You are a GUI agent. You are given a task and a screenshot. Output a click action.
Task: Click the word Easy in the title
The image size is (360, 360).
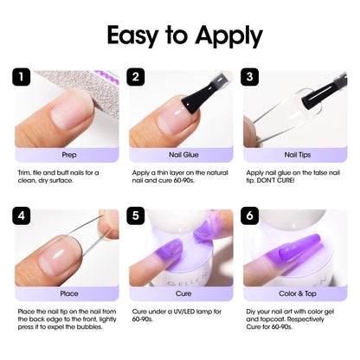click(139, 35)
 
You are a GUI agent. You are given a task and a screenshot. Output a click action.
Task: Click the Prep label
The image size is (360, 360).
click(69, 156)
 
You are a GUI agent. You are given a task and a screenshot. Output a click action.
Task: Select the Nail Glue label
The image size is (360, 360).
click(181, 156)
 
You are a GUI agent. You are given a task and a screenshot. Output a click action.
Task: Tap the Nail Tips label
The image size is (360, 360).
click(294, 156)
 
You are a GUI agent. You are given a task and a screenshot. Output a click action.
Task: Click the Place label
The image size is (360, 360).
click(69, 294)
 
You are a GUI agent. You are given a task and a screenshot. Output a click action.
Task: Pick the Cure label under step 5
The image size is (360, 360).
click(181, 294)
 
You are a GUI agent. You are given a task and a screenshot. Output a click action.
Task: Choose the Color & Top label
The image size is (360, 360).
click(294, 294)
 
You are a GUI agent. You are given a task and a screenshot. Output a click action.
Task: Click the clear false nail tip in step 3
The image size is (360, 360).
click(286, 112)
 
